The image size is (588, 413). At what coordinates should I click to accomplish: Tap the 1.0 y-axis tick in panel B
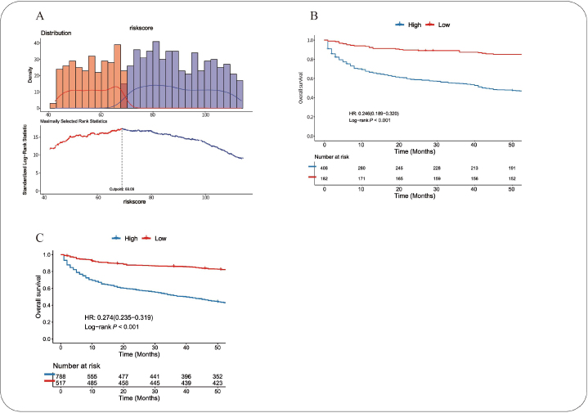309,40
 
